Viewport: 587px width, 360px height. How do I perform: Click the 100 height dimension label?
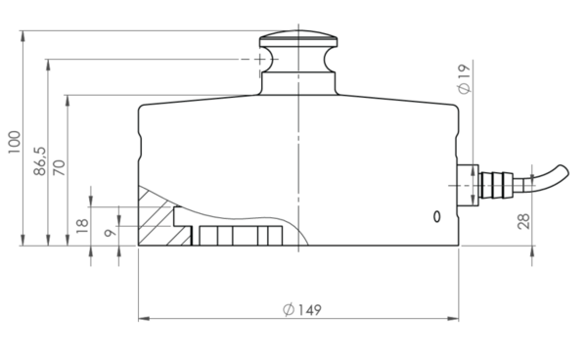coord(15,142)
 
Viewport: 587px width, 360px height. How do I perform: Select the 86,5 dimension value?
coord(40,160)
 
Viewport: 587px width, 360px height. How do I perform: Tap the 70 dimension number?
coord(59,167)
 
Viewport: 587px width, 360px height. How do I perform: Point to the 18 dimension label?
coord(82,226)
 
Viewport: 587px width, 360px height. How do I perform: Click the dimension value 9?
coord(110,233)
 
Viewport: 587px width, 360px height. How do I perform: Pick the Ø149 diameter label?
coord(302,310)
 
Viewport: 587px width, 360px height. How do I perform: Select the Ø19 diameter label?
coord(464,79)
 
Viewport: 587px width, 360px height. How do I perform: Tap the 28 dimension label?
coord(523,221)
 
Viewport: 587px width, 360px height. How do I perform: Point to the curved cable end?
coord(550,176)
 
